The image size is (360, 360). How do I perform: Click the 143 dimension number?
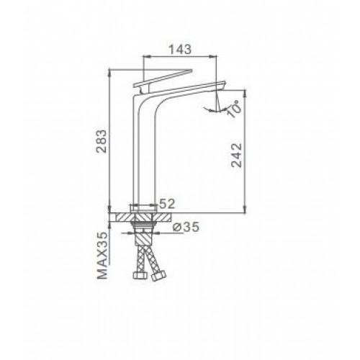tap(180, 50)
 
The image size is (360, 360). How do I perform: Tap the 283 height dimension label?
tap(101, 141)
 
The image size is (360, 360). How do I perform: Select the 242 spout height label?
tap(237, 155)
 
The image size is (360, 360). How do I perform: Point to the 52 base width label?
tap(167, 204)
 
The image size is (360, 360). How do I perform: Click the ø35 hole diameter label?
tap(186, 227)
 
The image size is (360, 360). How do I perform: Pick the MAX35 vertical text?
tap(102, 255)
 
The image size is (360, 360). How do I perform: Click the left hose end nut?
tap(140, 275)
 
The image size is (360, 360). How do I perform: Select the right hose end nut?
tap(158, 275)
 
